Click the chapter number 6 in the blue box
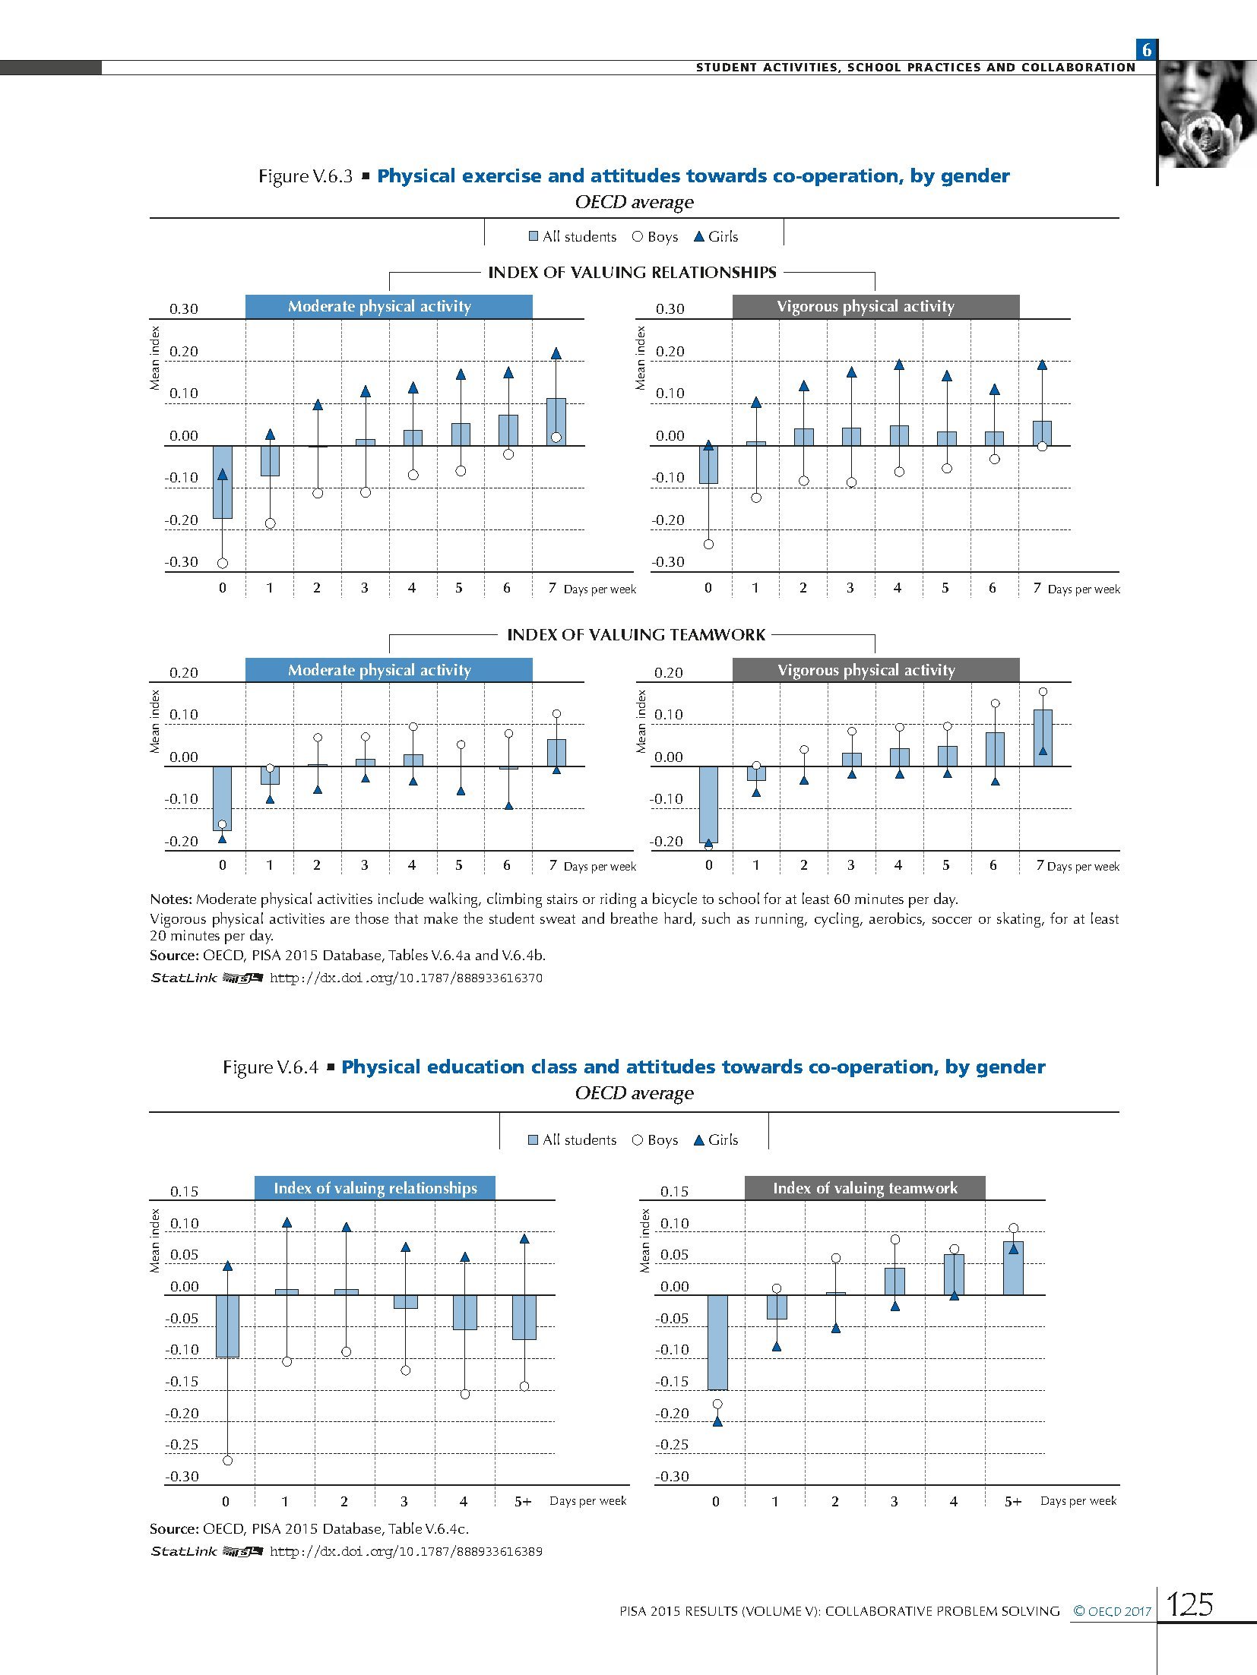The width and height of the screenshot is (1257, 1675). pyautogui.click(x=1146, y=50)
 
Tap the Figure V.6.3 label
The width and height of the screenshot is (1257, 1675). pyautogui.click(x=306, y=176)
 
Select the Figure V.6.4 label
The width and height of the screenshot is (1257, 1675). pyautogui.click(x=270, y=1067)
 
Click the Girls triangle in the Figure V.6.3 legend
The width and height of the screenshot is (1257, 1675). pyautogui.click(x=699, y=236)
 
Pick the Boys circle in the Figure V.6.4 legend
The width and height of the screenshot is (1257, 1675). pyautogui.click(x=638, y=1139)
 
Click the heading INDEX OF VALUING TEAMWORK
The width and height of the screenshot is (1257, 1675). pyautogui.click(x=636, y=635)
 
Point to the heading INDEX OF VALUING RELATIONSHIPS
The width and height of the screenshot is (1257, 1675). pyautogui.click(x=632, y=273)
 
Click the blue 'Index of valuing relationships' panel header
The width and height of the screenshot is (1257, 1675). pyautogui.click(x=375, y=1188)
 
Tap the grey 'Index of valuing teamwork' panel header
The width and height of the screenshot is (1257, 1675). pyautogui.click(x=865, y=1188)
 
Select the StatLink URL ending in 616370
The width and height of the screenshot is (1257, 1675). pyautogui.click(x=406, y=978)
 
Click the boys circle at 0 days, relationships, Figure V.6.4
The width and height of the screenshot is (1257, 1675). pyautogui.click(x=227, y=1460)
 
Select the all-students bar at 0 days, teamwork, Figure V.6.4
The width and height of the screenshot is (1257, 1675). pyautogui.click(x=717, y=1342)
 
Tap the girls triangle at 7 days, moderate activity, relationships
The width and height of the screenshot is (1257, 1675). pyautogui.click(x=556, y=353)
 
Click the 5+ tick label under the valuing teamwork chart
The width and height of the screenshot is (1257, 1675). pyautogui.click(x=1013, y=1501)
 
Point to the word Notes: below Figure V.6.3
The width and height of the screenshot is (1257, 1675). pyautogui.click(x=171, y=899)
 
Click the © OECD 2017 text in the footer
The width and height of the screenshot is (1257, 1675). pyautogui.click(x=1112, y=1610)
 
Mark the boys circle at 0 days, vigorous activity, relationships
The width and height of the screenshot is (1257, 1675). pyautogui.click(x=708, y=544)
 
